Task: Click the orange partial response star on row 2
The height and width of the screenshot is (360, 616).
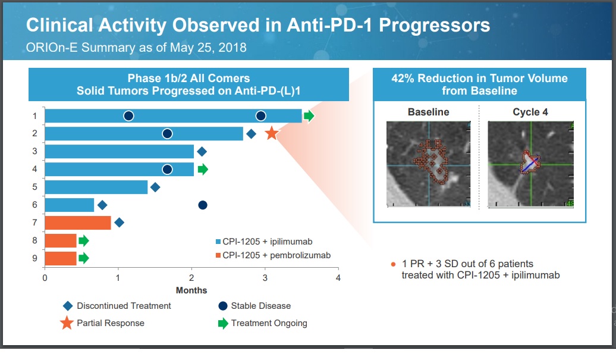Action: [271, 133]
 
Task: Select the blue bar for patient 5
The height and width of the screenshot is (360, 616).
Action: [96, 187]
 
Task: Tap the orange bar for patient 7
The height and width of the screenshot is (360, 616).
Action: [78, 223]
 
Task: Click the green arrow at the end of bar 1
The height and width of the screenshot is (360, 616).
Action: [309, 115]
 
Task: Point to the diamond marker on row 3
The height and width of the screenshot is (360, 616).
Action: [202, 152]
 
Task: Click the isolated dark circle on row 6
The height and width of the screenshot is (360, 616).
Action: [202, 205]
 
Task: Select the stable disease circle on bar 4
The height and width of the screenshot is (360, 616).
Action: [168, 170]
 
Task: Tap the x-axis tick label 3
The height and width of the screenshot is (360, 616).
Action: [265, 277]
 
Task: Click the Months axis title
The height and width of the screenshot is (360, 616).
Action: [191, 290]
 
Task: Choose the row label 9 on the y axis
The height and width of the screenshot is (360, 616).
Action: [34, 258]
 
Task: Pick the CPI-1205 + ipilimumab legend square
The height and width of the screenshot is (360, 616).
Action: [218, 242]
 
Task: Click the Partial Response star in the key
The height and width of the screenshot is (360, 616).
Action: [67, 324]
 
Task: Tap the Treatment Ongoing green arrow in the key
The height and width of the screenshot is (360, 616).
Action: [223, 324]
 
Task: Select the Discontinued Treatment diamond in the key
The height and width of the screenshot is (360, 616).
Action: [68, 306]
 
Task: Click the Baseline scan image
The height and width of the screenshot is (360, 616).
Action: [428, 164]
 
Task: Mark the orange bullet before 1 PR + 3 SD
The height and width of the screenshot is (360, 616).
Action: [392, 264]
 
